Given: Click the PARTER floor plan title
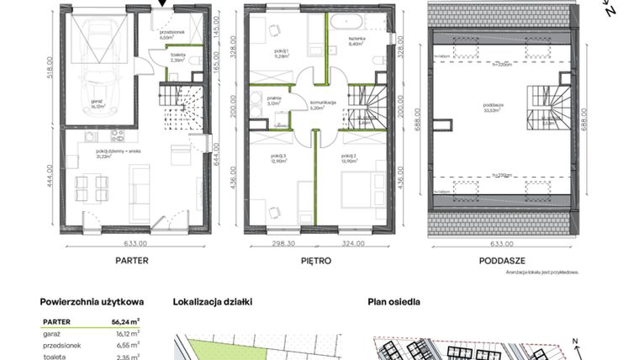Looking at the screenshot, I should click(x=132, y=261).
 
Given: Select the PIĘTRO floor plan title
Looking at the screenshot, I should click(x=316, y=261).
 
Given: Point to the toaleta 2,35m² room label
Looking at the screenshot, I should click(x=178, y=58).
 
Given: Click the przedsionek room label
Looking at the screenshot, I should click(x=166, y=34).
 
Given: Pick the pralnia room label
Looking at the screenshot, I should click(x=274, y=103).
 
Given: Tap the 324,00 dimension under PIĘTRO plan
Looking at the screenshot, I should click(x=354, y=245).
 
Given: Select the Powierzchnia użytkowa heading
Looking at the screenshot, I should click(x=92, y=301).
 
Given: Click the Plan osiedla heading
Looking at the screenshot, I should click(x=393, y=301).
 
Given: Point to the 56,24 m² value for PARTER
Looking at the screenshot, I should click(x=129, y=321).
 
